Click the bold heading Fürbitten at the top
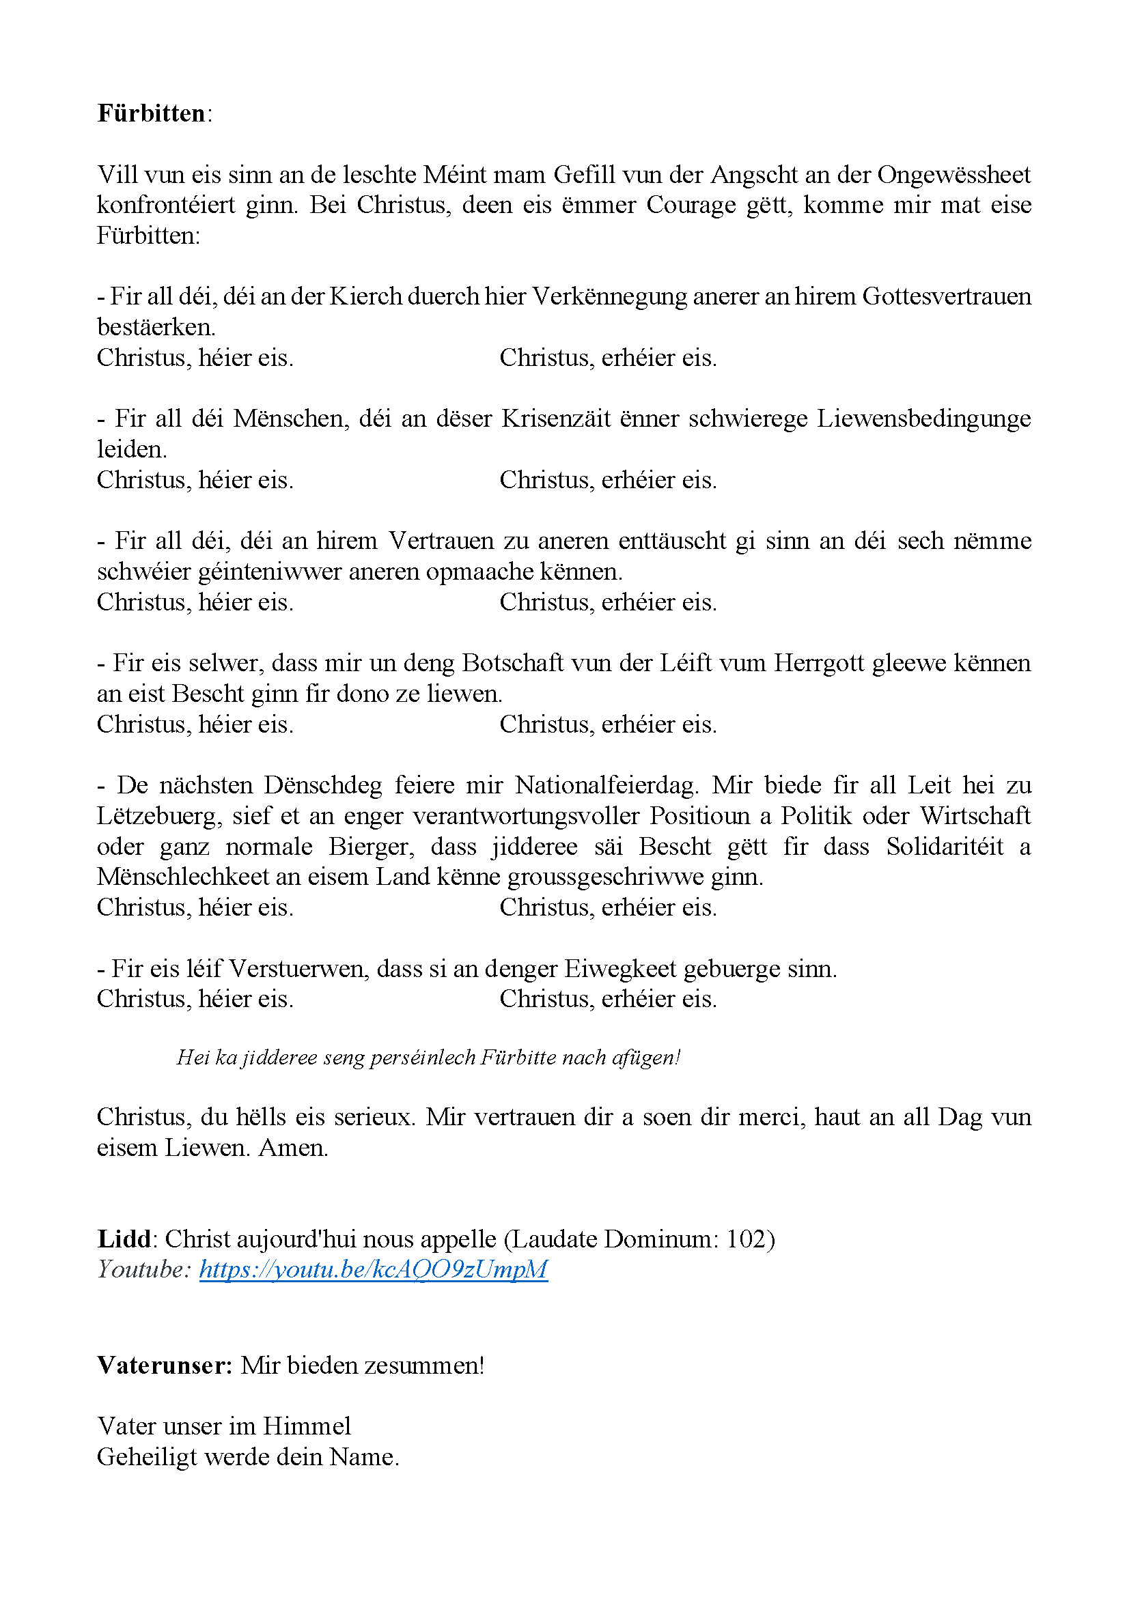pyautogui.click(x=151, y=113)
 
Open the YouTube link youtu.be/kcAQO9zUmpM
pyautogui.click(x=374, y=1269)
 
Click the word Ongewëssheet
pyautogui.click(x=953, y=175)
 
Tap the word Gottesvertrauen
pyautogui.click(x=947, y=297)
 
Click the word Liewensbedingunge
pyautogui.click(x=923, y=419)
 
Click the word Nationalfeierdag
pyautogui.click(x=606, y=785)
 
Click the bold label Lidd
pyautogui.click(x=124, y=1239)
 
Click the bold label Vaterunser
pyautogui.click(x=164, y=1366)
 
